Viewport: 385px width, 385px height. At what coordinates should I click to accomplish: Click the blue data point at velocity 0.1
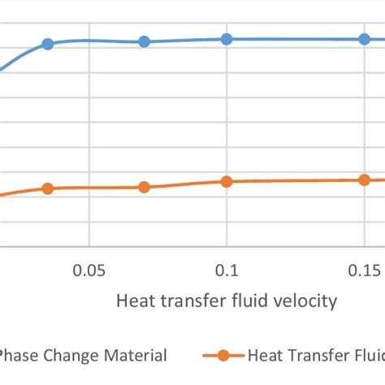click(227, 39)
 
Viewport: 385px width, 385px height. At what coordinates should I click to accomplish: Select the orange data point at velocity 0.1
click(227, 182)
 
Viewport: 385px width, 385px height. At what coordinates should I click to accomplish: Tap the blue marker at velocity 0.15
click(365, 39)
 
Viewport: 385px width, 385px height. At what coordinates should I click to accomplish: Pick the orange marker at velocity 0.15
click(365, 180)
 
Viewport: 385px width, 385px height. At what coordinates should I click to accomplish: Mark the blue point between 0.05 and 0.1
click(144, 41)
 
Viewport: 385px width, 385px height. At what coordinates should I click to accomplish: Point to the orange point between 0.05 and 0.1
click(144, 187)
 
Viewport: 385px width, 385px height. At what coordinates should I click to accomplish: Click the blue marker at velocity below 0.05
click(48, 44)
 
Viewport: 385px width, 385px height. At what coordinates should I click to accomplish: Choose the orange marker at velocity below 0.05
click(48, 188)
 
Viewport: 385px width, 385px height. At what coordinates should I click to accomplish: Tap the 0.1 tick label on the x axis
click(227, 270)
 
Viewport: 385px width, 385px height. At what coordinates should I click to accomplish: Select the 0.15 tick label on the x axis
click(365, 270)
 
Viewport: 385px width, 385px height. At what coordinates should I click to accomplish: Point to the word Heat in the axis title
click(135, 301)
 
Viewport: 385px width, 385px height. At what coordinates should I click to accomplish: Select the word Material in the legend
click(137, 356)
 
